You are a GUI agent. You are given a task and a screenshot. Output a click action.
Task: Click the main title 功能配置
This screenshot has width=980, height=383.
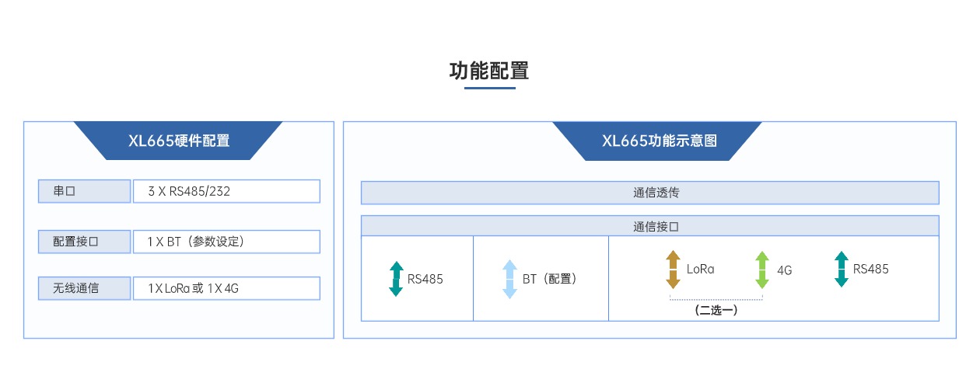click(x=489, y=71)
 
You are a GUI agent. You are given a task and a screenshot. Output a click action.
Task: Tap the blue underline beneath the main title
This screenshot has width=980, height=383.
click(x=489, y=88)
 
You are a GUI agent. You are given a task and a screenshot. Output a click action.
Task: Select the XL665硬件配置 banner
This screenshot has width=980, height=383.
click(x=178, y=141)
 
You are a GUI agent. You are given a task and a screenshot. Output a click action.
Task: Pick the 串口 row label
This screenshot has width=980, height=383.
click(x=85, y=191)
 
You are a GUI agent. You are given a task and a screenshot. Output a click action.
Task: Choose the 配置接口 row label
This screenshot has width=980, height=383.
click(x=85, y=242)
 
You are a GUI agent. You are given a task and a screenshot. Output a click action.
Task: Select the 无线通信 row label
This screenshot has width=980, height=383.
click(x=85, y=288)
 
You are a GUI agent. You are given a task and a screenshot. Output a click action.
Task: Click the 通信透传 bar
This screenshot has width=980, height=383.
click(x=649, y=193)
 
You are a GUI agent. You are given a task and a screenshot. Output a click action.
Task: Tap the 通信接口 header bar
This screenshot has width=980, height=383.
click(x=649, y=226)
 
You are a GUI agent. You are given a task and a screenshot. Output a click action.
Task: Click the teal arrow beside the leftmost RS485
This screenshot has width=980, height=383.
click(x=396, y=279)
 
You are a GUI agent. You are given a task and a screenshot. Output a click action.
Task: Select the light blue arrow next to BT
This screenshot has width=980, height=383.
click(x=509, y=279)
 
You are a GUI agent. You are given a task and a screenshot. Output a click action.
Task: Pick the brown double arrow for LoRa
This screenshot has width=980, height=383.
click(x=674, y=270)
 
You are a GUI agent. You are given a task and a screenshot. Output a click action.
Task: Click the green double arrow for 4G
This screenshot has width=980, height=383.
click(x=762, y=270)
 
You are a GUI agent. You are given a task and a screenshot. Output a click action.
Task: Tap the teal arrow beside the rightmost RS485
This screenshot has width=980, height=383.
click(x=841, y=269)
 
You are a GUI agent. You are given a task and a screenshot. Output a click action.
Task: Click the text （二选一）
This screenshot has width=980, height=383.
click(x=716, y=310)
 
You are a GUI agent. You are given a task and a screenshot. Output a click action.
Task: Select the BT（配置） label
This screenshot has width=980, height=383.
click(x=550, y=279)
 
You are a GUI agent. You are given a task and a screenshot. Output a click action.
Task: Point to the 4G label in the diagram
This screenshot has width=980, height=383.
click(x=784, y=271)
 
